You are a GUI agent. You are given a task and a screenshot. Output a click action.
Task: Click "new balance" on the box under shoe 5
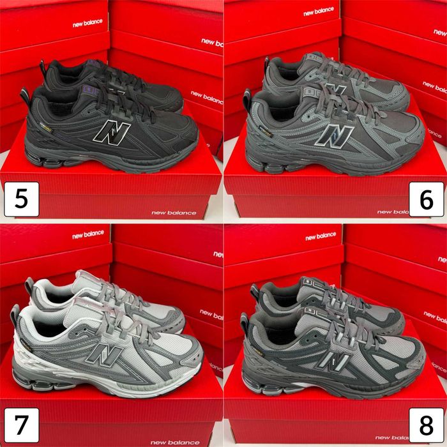(x=169, y=212)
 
